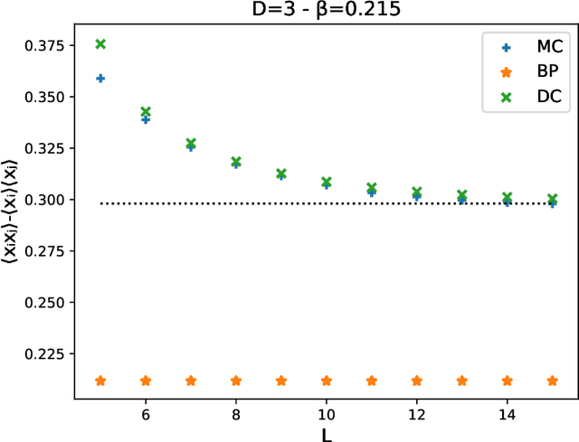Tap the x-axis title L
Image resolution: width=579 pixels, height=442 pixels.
[327, 433]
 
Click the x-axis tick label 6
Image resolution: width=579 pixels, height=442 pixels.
[146, 412]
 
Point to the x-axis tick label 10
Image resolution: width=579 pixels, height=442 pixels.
[327, 412]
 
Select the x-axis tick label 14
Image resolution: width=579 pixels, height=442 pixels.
[507, 412]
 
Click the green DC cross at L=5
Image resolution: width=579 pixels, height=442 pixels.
[100, 44]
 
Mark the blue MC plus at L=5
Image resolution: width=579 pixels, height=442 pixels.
[100, 79]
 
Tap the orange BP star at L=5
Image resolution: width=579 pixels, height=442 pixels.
[100, 381]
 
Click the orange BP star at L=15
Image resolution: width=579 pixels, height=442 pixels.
[552, 381]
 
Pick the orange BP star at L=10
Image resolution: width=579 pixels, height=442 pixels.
[327, 381]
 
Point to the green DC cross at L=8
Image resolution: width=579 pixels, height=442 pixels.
[236, 162]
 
